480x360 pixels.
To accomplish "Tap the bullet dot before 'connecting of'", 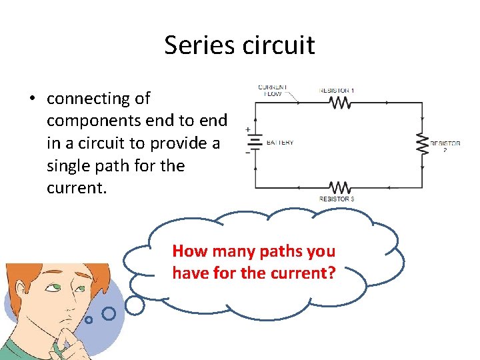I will click(x=31, y=99).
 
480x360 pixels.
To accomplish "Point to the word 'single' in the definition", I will click(x=69, y=165).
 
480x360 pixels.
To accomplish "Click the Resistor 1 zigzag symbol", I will click(x=340, y=102).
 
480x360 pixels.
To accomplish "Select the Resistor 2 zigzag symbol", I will click(x=421, y=143).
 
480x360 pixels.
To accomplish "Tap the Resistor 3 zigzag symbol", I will click(x=340, y=187).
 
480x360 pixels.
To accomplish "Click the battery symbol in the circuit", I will click(x=254, y=143).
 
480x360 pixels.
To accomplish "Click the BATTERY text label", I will click(x=280, y=143).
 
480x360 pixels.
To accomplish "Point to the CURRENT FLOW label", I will click(x=273, y=91).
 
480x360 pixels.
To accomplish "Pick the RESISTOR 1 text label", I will click(x=337, y=90).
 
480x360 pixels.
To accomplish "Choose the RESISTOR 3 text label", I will click(x=337, y=199).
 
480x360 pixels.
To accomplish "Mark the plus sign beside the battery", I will click(x=248, y=130).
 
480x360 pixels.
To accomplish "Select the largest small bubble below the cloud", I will click(x=135, y=305).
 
